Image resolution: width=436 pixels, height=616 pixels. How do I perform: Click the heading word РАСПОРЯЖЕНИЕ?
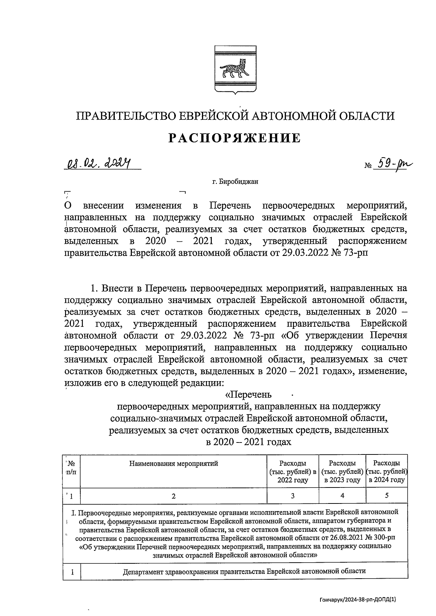235,138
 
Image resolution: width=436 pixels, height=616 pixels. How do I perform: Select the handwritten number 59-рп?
396,165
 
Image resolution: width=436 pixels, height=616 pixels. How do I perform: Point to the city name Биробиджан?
235,182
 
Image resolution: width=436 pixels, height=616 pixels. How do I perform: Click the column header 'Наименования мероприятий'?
174,464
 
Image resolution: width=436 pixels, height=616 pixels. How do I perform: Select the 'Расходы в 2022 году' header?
292,472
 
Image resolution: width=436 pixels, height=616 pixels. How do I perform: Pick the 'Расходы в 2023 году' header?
342,472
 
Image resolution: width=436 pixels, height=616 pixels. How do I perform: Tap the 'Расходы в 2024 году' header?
387,472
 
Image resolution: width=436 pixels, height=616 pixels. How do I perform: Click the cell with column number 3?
292,496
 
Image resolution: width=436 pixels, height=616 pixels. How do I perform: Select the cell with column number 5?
387,495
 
